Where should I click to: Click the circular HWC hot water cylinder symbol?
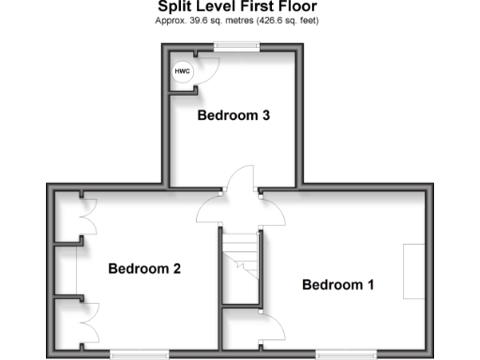[179, 71]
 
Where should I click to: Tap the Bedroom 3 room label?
[233, 116]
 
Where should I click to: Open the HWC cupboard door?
[208, 71]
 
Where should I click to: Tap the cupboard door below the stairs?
[271, 325]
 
